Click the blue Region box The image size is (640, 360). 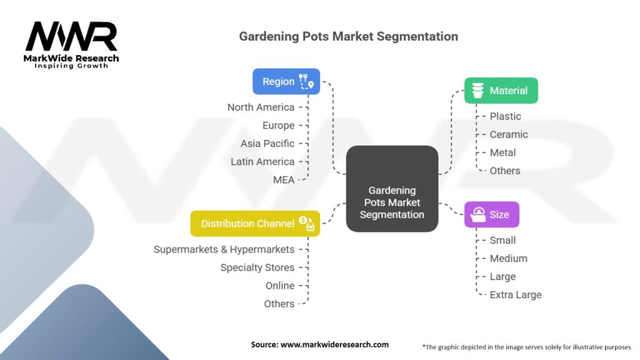286,82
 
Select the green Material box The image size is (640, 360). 501,91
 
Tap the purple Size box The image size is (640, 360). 492,215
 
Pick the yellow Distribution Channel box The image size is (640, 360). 255,224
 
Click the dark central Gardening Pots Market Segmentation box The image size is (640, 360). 392,189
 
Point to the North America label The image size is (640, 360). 261,107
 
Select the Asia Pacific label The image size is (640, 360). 267,144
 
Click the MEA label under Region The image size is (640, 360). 284,180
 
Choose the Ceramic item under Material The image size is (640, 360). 509,135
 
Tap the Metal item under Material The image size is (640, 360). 503,152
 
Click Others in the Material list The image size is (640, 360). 505,171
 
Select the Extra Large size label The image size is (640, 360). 516,295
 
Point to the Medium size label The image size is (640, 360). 509,258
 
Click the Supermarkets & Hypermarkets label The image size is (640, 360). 224,249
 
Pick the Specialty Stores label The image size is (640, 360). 257,267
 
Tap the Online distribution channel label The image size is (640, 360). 280,286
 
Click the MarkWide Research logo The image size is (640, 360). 71,45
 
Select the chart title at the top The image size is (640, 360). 349,36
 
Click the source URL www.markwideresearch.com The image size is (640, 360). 334,344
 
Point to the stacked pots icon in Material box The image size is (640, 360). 477,91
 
